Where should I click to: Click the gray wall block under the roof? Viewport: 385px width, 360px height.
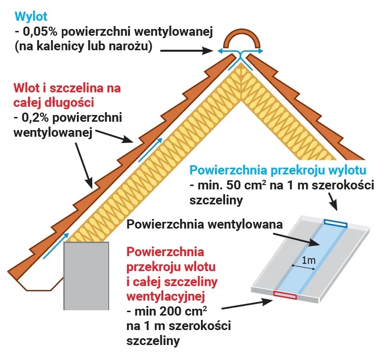[86, 275]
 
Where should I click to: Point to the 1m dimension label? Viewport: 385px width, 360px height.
[308, 260]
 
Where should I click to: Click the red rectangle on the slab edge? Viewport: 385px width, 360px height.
[285, 295]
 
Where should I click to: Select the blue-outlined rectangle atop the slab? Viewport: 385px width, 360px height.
[335, 223]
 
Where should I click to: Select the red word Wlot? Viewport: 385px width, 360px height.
[28, 89]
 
